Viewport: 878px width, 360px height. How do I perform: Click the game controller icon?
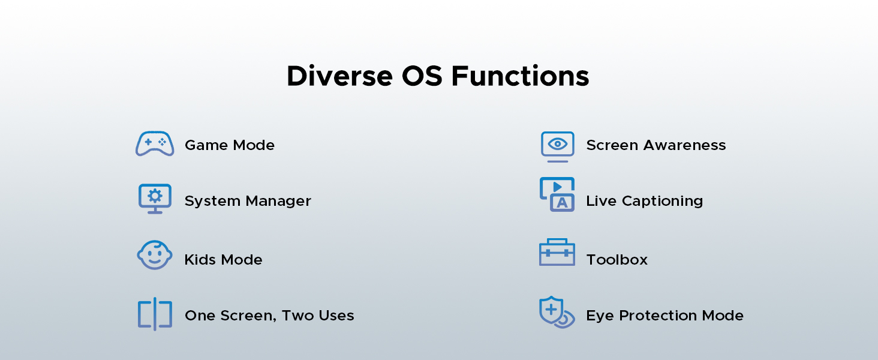point(155,144)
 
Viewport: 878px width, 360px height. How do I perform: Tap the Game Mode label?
point(230,145)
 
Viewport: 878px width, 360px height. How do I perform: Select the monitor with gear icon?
point(155,199)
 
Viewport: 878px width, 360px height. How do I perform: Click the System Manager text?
point(248,201)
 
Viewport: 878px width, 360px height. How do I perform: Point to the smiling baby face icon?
point(155,256)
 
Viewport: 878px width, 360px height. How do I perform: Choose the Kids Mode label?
point(223,260)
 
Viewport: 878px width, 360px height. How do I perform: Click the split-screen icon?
point(155,314)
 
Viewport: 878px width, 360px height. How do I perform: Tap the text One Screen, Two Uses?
point(269,316)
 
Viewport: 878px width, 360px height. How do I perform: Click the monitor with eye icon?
point(557,146)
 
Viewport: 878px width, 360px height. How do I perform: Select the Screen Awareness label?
point(656,145)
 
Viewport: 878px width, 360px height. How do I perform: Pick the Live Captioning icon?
point(557,194)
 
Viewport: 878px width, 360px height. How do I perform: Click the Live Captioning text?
point(645,201)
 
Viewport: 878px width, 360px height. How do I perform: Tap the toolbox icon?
point(557,253)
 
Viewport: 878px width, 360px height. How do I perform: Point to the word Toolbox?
point(617,260)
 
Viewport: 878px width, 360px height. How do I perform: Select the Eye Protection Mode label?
point(665,316)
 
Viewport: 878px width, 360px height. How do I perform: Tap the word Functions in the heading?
point(520,77)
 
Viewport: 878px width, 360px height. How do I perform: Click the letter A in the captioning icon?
point(562,203)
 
